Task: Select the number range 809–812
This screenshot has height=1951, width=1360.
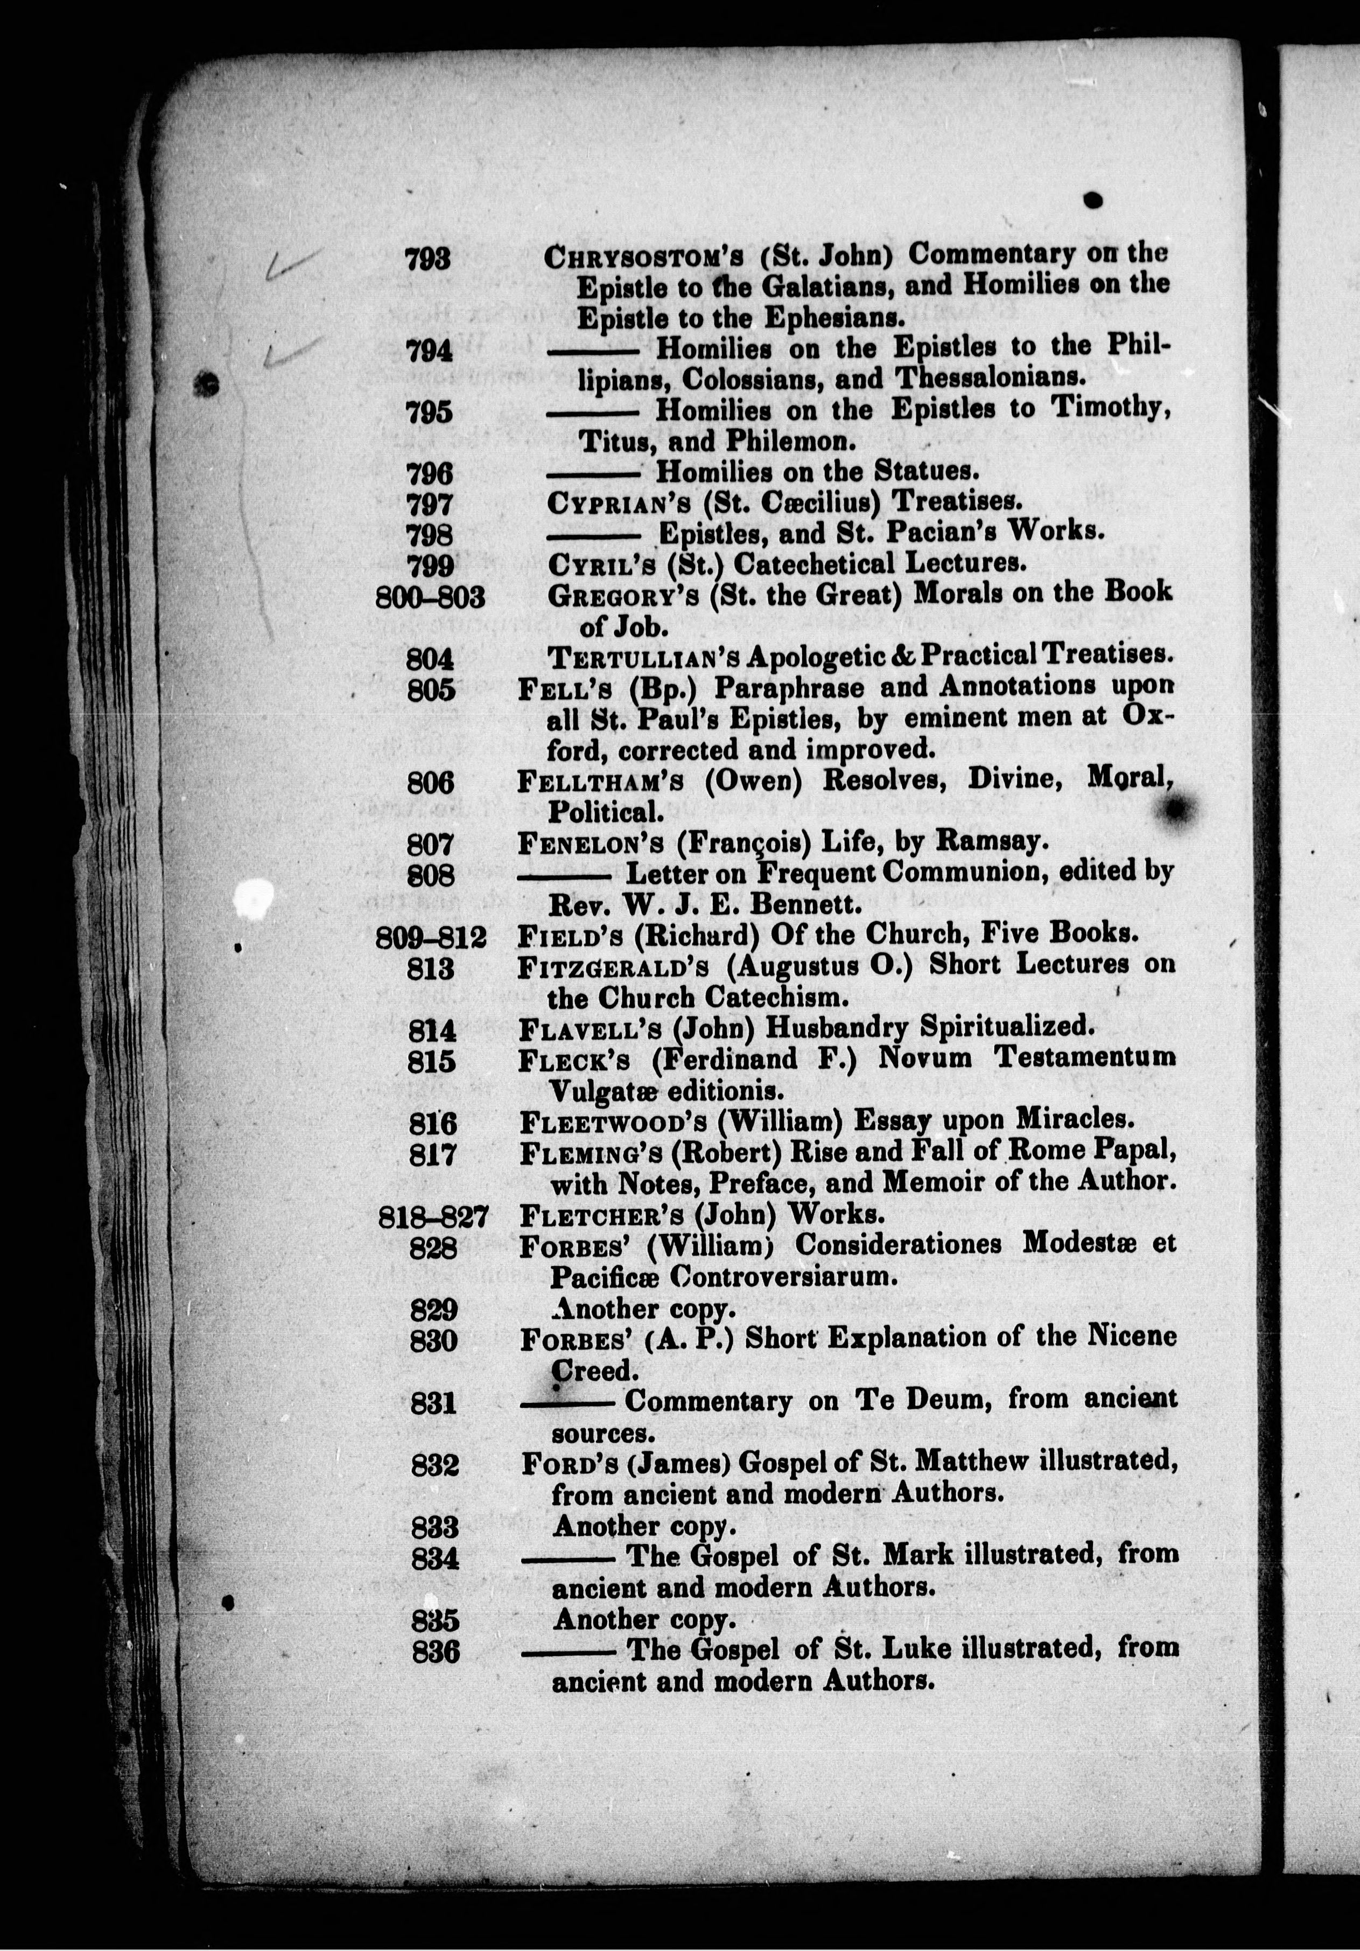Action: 431,936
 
